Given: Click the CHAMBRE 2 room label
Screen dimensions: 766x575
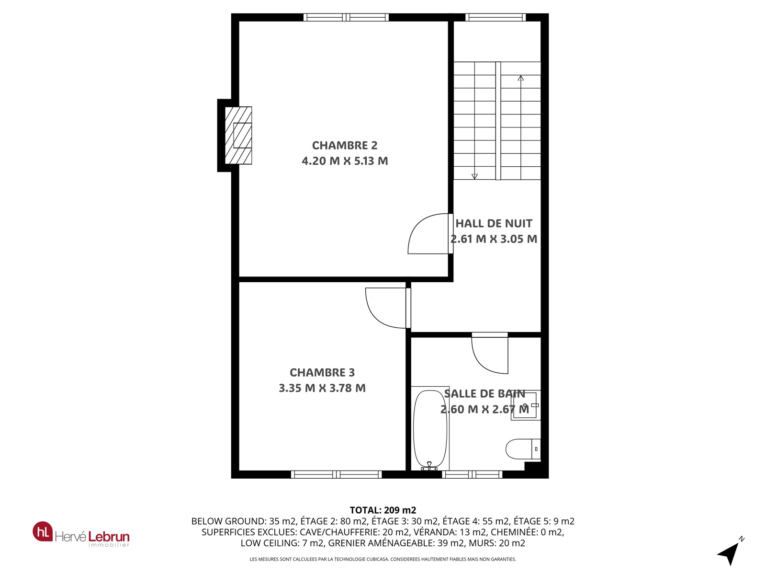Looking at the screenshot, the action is point(344,145).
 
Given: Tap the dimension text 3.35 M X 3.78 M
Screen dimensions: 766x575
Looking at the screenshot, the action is point(322,388).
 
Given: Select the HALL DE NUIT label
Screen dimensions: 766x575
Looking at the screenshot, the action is point(494,223).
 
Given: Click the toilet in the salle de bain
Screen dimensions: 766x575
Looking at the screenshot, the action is point(523,449).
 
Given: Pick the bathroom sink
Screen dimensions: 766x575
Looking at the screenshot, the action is point(526,405).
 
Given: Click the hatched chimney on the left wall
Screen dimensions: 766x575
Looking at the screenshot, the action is point(238,136).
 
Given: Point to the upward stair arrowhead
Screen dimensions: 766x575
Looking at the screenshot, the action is point(521,78).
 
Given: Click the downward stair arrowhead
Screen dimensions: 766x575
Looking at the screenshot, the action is point(474,177).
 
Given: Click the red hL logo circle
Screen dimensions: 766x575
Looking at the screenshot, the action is point(43,531).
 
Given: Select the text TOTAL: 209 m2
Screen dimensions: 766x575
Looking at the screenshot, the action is point(383,510).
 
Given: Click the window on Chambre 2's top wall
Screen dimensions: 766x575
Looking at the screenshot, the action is point(346,17).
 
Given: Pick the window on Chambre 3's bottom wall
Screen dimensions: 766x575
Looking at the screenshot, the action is point(337,474).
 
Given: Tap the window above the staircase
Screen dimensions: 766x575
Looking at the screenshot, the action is point(496,17).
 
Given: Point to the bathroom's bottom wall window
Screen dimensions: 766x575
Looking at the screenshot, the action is point(472,474).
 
